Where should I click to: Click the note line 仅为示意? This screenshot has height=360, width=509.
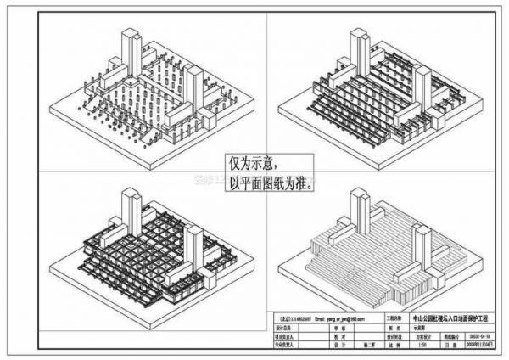point(251,160)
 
